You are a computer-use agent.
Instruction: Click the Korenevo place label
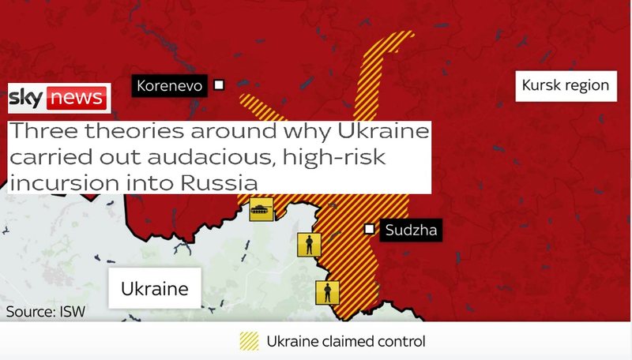(x=169, y=85)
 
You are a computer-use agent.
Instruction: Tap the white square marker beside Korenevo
(x=220, y=84)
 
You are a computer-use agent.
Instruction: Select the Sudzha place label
(x=409, y=231)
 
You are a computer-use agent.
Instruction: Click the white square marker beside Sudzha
(x=369, y=230)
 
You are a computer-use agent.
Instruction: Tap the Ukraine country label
(x=155, y=289)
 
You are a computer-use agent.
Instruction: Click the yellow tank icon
(x=261, y=210)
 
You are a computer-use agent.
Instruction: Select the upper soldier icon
(x=308, y=245)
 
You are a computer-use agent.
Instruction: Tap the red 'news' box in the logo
(x=76, y=98)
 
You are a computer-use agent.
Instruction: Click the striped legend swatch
(x=249, y=341)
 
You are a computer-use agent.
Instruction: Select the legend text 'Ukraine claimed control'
(x=346, y=342)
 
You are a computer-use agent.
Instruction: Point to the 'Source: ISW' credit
(x=45, y=311)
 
